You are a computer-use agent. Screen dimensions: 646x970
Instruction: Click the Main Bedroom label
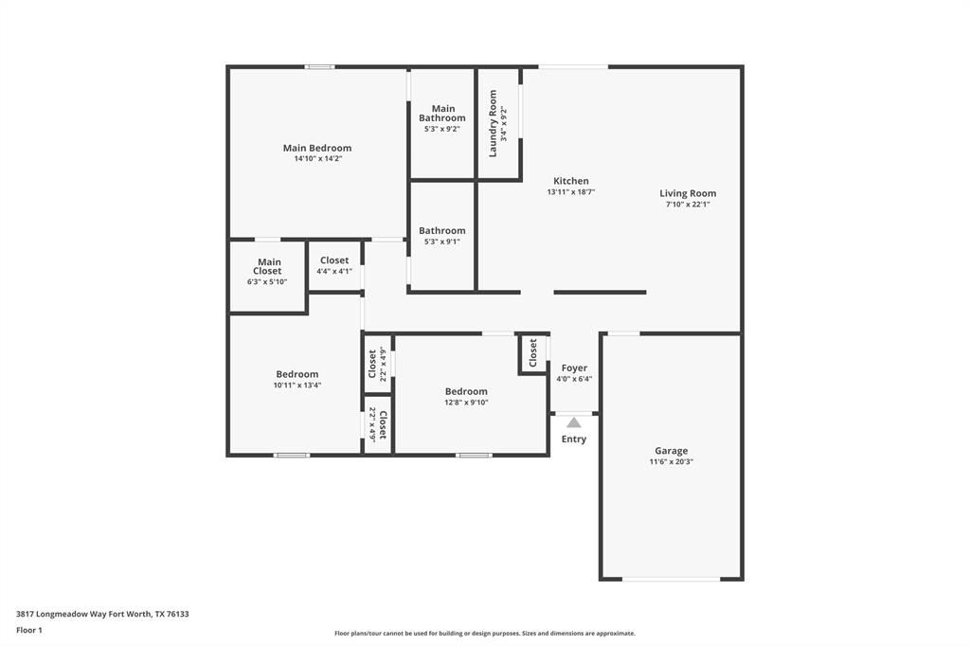point(317,148)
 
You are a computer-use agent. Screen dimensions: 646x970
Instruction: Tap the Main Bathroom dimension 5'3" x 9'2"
point(442,129)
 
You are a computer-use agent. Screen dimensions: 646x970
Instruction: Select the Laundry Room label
point(493,123)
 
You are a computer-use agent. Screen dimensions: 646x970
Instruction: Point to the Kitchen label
point(570,181)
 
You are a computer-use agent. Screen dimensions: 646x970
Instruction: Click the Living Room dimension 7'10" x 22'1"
point(688,204)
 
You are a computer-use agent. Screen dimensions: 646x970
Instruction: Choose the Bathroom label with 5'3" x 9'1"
point(442,230)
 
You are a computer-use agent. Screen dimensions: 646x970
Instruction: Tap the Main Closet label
point(268,266)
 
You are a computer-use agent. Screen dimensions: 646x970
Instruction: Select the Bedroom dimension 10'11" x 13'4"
point(297,386)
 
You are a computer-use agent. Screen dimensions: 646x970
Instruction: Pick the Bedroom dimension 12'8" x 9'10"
point(466,403)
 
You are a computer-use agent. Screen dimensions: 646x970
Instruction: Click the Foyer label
point(574,368)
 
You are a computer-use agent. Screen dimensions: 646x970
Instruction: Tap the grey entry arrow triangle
point(574,422)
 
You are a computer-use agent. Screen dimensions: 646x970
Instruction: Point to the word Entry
point(574,440)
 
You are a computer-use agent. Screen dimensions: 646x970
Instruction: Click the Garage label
point(671,451)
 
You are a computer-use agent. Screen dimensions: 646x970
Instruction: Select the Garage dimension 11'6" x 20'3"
point(671,462)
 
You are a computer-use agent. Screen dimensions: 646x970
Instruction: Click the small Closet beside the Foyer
point(533,353)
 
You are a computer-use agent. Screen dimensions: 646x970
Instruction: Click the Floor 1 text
point(29,630)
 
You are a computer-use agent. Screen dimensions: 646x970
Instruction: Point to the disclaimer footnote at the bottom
point(484,634)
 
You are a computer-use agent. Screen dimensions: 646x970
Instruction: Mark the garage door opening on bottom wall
point(671,579)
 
